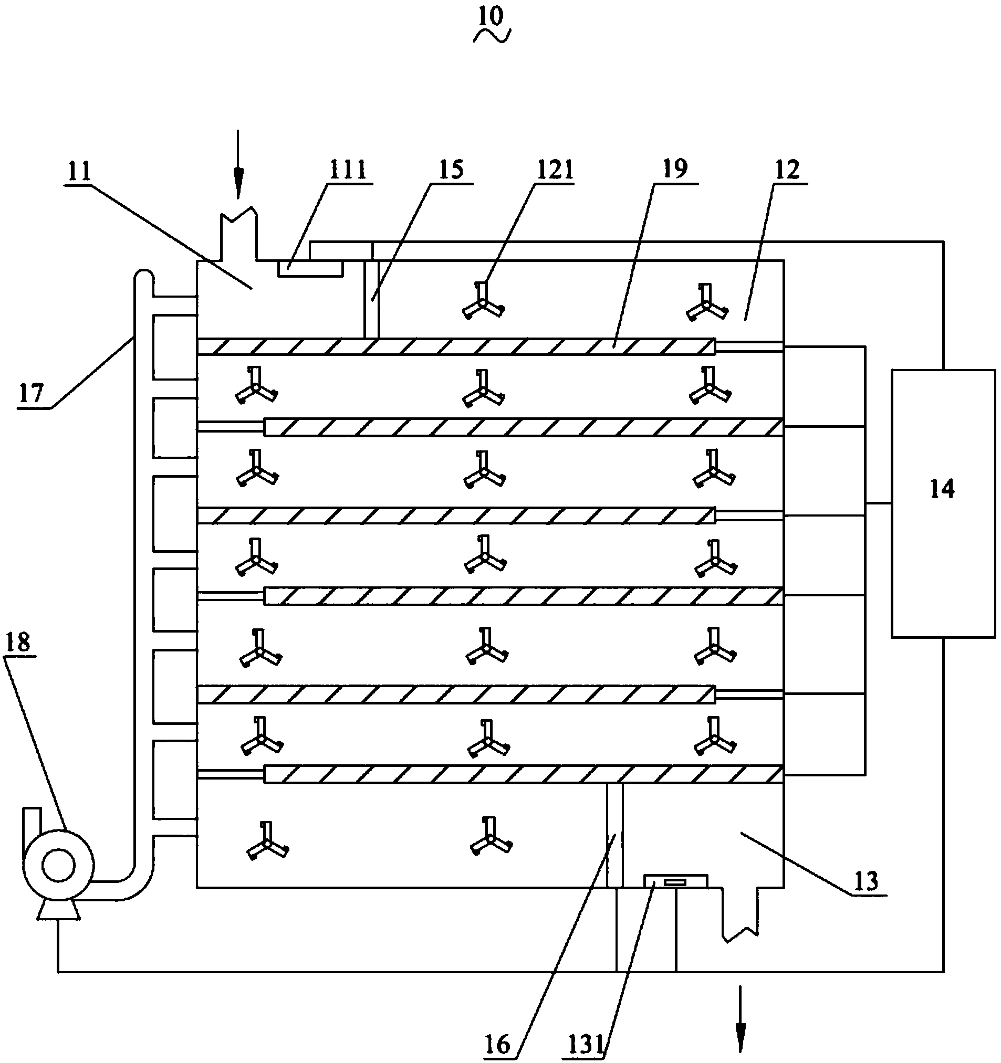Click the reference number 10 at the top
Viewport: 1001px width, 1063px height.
click(491, 18)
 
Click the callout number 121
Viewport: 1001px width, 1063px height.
click(554, 170)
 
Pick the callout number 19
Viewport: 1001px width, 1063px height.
click(675, 170)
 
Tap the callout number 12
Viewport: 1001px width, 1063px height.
click(787, 170)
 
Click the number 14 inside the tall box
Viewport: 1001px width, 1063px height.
click(942, 489)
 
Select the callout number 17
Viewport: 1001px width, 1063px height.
click(30, 394)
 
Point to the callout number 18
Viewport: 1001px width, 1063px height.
click(18, 643)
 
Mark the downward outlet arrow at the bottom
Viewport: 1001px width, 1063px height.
click(741, 1018)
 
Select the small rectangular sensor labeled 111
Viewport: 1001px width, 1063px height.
click(310, 268)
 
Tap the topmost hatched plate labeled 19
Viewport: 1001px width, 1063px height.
click(456, 346)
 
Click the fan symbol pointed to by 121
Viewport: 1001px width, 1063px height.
click(483, 303)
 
